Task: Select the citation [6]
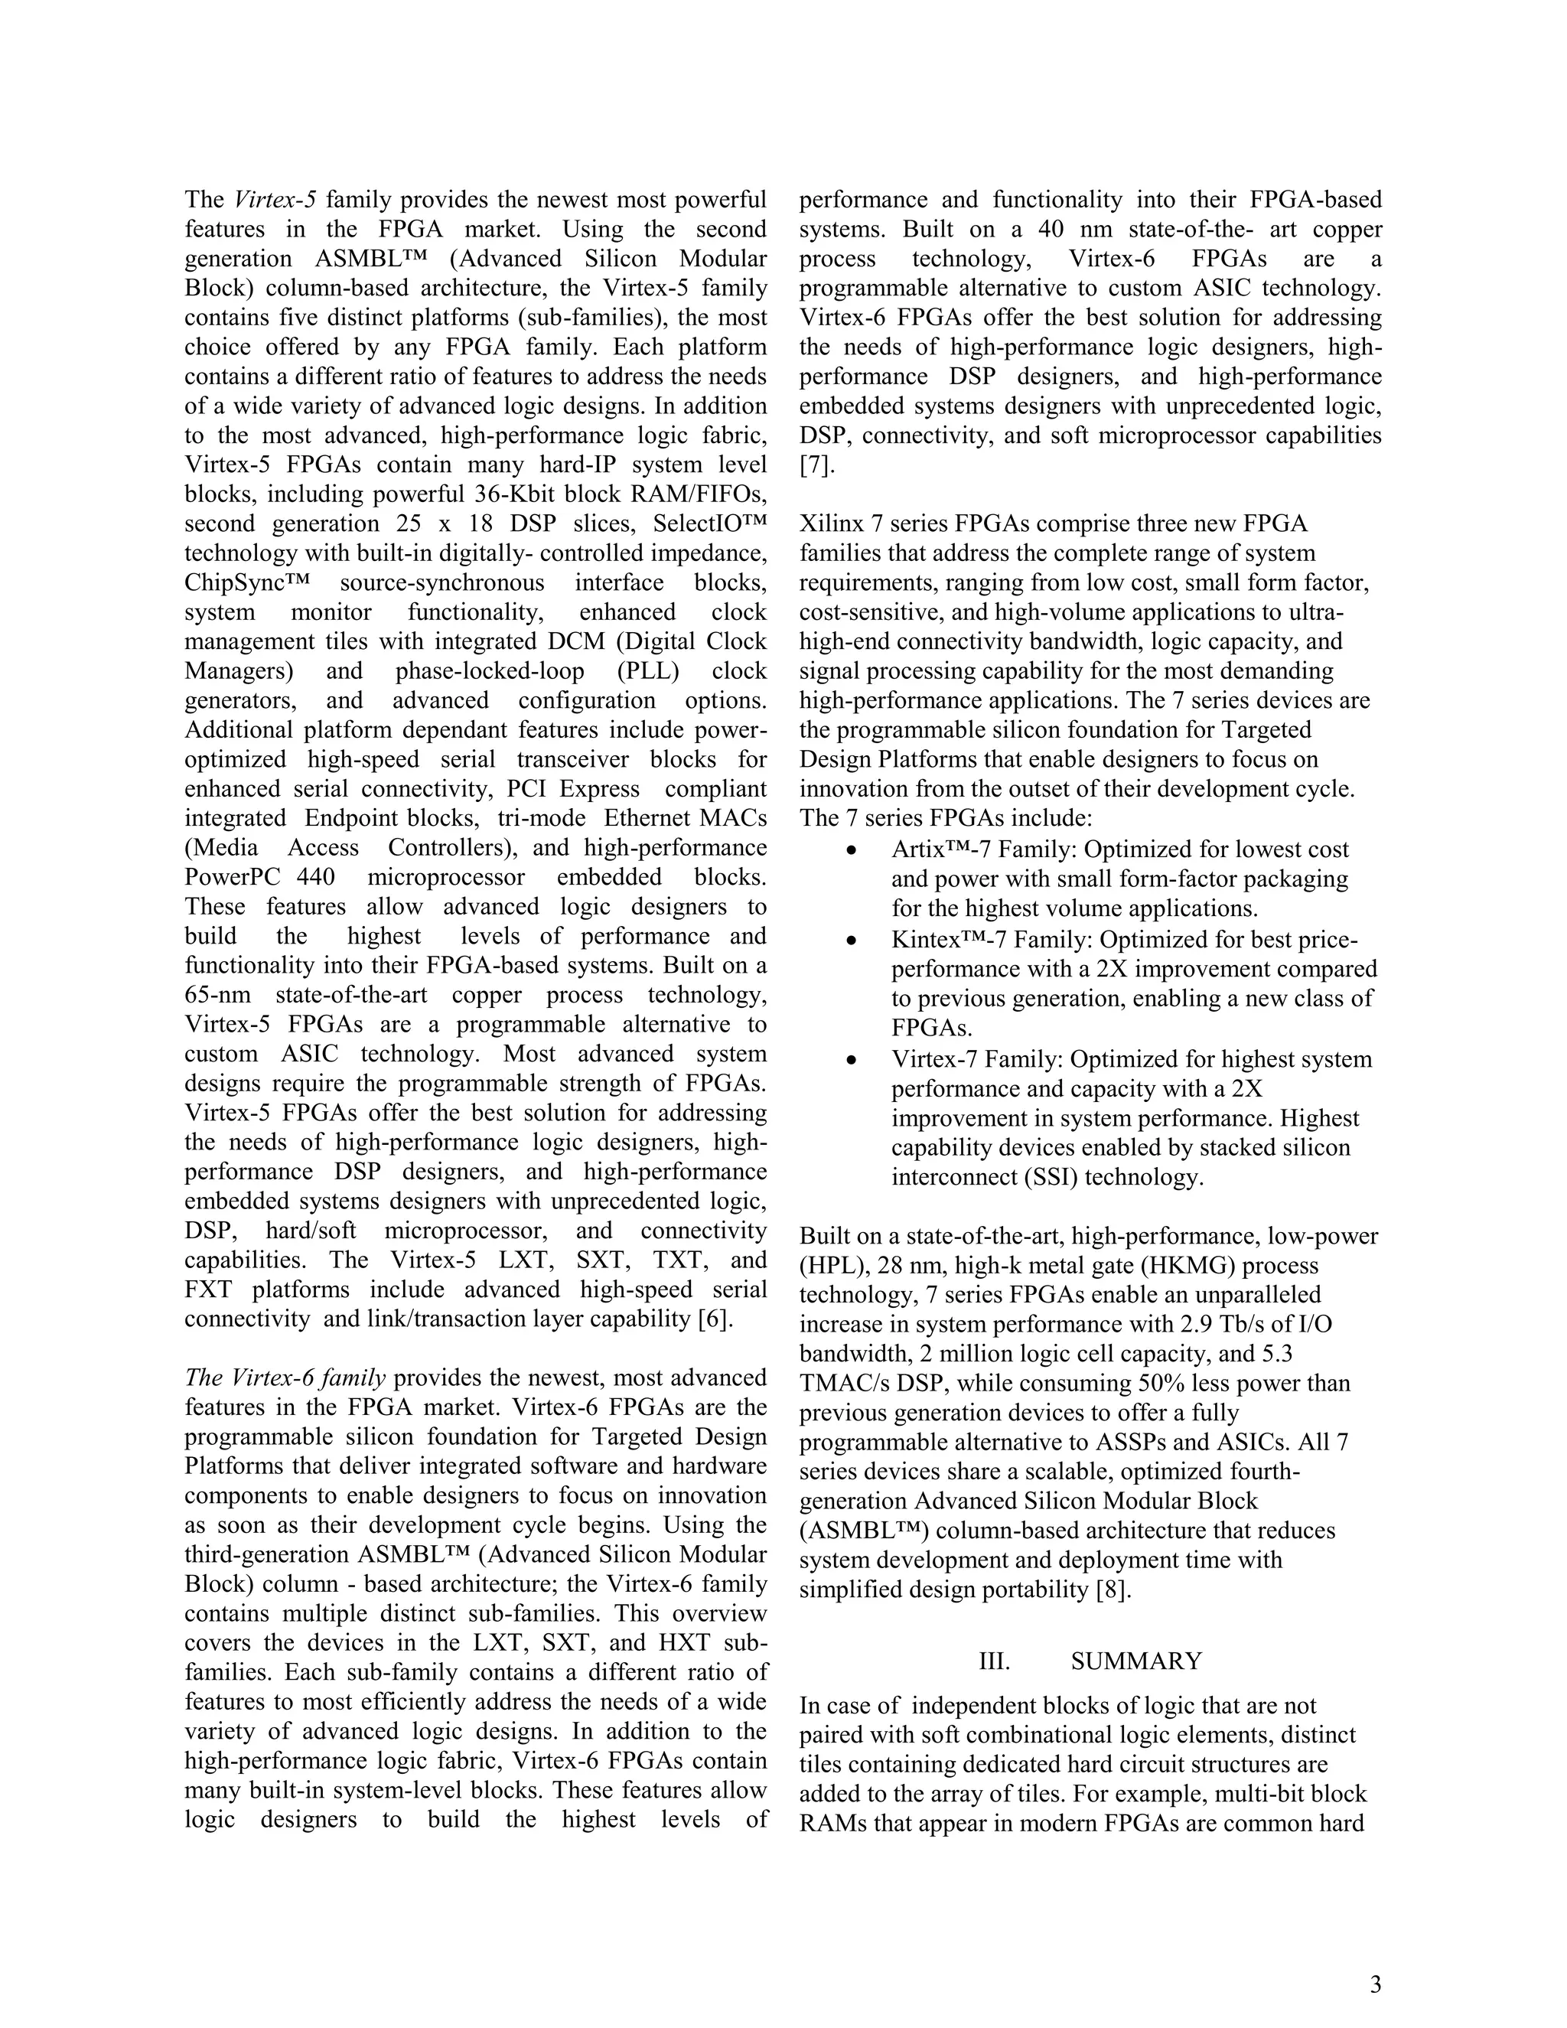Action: tap(715, 1319)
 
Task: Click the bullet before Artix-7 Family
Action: tap(850, 850)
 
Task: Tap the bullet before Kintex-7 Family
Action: tap(850, 941)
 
